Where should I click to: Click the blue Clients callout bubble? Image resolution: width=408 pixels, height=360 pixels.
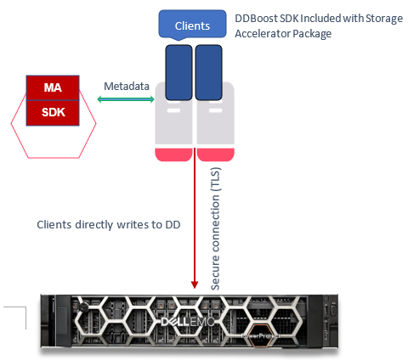[x=192, y=25]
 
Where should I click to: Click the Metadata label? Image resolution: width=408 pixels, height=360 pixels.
[x=126, y=87]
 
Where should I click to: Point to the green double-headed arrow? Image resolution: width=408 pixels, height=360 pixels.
[x=125, y=100]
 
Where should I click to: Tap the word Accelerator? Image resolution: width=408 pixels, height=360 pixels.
[x=262, y=34]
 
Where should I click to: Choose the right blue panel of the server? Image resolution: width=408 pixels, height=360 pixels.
[x=209, y=73]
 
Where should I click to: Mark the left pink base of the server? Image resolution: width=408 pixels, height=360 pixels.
[x=174, y=154]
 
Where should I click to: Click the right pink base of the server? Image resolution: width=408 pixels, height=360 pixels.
[x=215, y=154]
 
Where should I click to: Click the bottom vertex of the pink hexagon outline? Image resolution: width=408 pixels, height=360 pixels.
[x=54, y=157]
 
